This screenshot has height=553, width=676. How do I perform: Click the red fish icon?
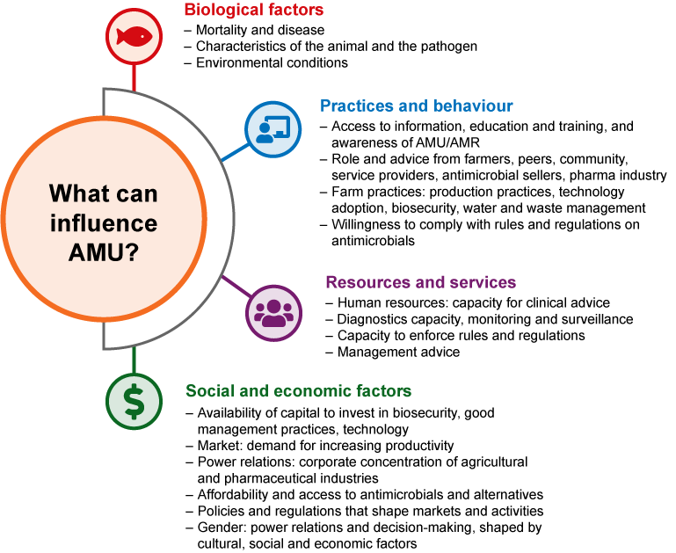coord(134,36)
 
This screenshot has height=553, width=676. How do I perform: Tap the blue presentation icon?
coord(273,129)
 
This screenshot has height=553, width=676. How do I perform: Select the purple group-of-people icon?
coord(273,312)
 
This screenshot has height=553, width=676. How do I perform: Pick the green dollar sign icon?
coord(134,401)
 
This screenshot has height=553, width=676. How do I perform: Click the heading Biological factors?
coord(253,11)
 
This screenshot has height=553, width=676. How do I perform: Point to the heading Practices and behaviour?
coord(416,106)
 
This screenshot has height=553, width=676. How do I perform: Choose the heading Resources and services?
coord(420,283)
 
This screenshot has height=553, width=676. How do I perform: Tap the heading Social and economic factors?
coord(298,391)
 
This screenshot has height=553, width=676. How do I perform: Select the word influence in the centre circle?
coord(103,223)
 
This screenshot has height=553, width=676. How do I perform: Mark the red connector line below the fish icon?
coord(134,77)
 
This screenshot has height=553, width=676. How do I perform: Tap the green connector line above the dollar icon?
coord(134,360)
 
